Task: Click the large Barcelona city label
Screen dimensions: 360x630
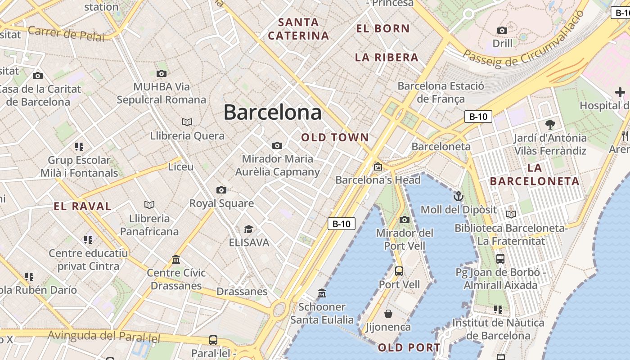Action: coord(272,112)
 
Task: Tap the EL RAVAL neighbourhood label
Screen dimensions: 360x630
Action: coord(82,207)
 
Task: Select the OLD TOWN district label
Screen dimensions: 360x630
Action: coord(335,138)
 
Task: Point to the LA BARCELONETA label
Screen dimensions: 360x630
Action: coord(535,175)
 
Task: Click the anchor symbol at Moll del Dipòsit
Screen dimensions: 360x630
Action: coord(458,196)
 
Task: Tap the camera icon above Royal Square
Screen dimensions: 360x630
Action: coord(221,190)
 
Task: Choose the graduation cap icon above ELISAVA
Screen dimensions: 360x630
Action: coord(248,229)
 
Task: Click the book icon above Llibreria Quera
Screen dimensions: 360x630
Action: coord(187,122)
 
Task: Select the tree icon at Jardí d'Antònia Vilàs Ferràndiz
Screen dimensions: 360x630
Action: coord(550,124)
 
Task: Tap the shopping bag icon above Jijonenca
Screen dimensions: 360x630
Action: coord(388,314)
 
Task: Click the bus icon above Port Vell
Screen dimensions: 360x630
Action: coord(399,271)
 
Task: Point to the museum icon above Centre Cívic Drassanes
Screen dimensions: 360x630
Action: coord(176,260)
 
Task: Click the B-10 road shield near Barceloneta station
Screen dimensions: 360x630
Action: coord(478,117)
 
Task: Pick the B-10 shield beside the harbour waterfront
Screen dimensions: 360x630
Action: coord(342,224)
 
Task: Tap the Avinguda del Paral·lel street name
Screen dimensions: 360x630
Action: coord(104,336)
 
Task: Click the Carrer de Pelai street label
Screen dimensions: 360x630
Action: coord(66,33)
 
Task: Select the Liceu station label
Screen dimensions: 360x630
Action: coord(180,167)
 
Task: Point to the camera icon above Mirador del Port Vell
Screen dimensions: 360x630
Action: coord(405,220)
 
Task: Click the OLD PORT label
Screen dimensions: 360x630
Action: coord(409,347)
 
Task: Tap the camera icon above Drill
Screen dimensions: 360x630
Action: coord(502,31)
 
